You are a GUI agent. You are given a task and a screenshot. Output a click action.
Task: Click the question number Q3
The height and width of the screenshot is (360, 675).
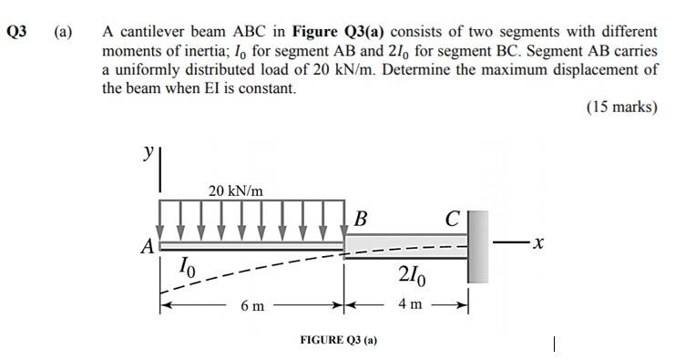click(x=16, y=30)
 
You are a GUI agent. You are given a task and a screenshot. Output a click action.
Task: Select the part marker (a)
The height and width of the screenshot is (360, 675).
click(x=63, y=30)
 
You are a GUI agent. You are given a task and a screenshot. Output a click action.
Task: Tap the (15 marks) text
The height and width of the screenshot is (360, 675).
click(x=620, y=107)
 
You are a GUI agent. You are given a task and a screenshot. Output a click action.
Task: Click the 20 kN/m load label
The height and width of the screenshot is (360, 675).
click(x=235, y=190)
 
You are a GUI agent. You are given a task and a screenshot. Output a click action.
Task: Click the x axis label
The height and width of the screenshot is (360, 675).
click(x=539, y=243)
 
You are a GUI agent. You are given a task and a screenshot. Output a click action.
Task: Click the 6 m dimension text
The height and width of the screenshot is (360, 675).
click(x=253, y=305)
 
